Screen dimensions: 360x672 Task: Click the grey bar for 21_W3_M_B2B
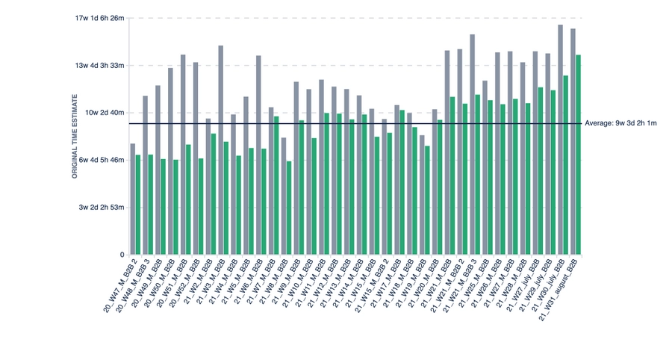pyautogui.click(x=221, y=149)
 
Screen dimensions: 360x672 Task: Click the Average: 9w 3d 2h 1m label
pyautogui.click(x=620, y=123)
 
